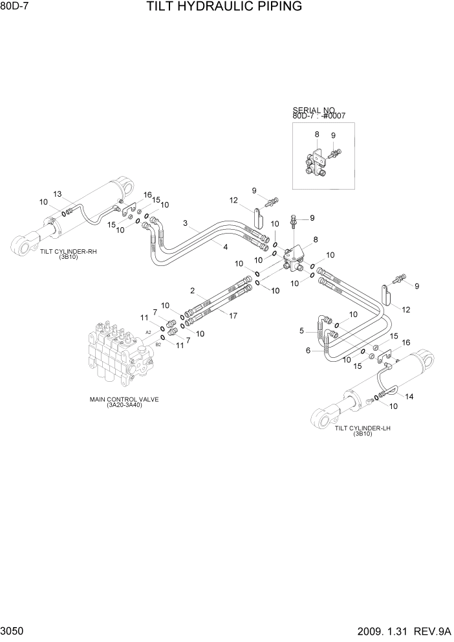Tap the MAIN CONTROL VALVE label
tap(124, 400)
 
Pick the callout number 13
tap(57, 194)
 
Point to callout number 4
tap(225, 247)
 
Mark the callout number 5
tap(301, 331)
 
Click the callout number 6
tap(308, 351)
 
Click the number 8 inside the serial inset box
tap(317, 134)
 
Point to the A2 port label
tap(148, 332)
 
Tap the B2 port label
tap(158, 345)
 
